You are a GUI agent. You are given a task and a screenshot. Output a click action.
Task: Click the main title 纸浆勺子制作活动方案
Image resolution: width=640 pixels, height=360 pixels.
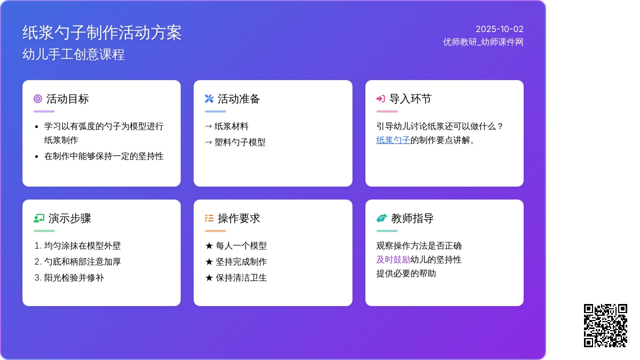(x=102, y=33)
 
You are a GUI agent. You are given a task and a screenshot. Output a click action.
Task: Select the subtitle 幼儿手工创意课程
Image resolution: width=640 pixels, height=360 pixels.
(x=74, y=54)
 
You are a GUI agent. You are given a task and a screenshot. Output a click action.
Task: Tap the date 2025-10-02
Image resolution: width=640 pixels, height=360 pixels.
(x=499, y=29)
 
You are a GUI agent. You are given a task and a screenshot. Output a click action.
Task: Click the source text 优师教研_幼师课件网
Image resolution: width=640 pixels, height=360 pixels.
(x=483, y=42)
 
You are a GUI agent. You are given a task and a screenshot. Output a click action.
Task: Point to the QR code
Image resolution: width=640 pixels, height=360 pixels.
(x=605, y=326)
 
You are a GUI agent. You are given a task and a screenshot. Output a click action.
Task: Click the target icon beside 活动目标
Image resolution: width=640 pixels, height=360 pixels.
(x=38, y=99)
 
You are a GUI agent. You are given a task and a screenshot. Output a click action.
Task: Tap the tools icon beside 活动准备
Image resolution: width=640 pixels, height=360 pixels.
(x=209, y=99)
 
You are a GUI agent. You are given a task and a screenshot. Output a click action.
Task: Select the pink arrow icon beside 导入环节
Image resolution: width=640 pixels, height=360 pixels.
(x=381, y=99)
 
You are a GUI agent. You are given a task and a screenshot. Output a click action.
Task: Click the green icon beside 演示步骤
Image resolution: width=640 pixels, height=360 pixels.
(x=39, y=218)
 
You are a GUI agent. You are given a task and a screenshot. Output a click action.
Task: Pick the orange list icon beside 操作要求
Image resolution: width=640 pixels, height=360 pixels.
(x=209, y=218)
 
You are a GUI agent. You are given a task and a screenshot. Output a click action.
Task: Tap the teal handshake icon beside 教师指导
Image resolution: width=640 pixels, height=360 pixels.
(x=382, y=218)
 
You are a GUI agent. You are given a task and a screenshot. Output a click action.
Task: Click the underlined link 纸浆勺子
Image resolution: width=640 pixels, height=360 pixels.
(x=393, y=140)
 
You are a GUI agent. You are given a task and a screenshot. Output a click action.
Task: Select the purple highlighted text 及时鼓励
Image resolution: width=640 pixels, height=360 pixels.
(x=393, y=260)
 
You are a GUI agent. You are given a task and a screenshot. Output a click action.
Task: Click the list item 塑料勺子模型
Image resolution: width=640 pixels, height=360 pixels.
(x=240, y=142)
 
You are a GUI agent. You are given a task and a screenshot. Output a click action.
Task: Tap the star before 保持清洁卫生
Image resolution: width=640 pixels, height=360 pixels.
(x=209, y=278)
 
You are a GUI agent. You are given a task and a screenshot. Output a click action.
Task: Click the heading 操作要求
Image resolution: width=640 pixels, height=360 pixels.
(x=239, y=219)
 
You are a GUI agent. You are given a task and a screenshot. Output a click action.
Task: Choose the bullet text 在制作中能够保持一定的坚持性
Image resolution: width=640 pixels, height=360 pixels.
(x=103, y=156)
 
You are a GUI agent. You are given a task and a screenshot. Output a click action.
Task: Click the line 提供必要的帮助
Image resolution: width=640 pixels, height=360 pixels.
(x=406, y=274)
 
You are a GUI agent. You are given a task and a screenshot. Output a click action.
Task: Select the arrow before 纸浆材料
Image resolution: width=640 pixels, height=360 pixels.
(x=209, y=126)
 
